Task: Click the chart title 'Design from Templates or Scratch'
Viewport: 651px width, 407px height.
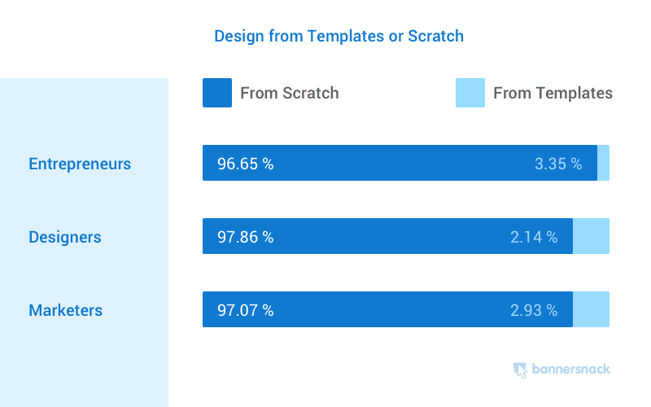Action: [339, 37]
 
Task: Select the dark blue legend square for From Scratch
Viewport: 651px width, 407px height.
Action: [217, 93]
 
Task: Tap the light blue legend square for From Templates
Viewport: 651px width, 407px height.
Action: [470, 93]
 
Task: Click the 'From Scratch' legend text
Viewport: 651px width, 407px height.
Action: [290, 93]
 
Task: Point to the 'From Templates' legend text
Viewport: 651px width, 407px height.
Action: [553, 93]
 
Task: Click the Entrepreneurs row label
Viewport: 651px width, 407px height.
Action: [80, 164]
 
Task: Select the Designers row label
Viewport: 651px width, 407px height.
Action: [65, 238]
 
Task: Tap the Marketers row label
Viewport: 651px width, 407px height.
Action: [66, 310]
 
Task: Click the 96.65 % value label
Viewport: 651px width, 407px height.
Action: [245, 164]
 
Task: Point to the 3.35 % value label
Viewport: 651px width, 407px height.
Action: [558, 164]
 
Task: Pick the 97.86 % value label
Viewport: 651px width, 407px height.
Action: [245, 238]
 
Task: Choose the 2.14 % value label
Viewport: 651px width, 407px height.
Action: [534, 238]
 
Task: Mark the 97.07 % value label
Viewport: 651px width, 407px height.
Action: [245, 310]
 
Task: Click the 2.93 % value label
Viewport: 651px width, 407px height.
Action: [534, 310]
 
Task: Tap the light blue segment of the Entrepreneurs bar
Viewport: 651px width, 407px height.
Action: [603, 163]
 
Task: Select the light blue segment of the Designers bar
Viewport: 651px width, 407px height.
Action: [591, 236]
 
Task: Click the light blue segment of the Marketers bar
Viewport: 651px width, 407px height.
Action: [591, 309]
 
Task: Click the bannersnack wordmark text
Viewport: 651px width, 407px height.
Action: [571, 370]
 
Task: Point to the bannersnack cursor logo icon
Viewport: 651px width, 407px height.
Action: [520, 370]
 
